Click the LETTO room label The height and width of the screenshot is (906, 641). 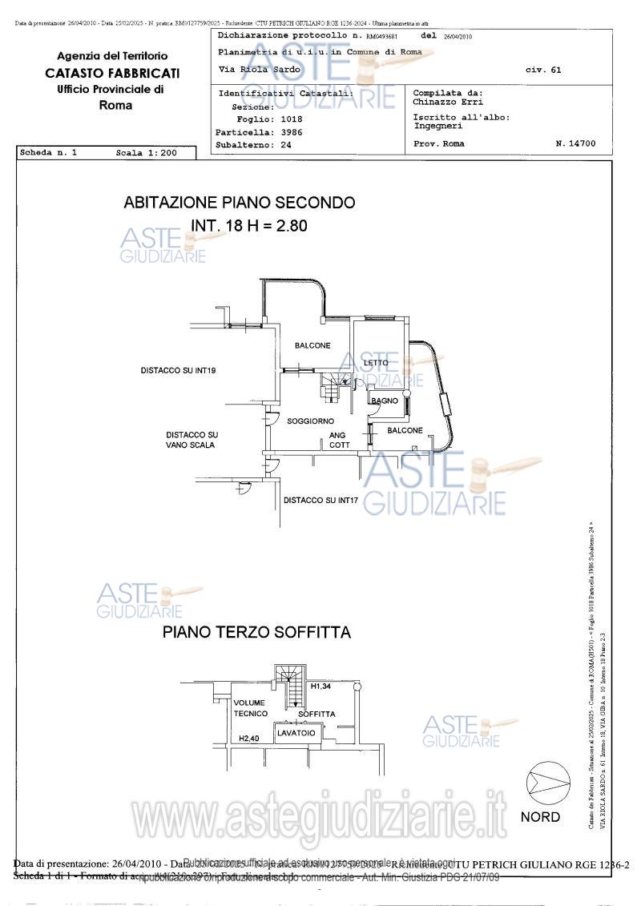(x=376, y=363)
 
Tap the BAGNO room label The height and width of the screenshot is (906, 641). (x=385, y=401)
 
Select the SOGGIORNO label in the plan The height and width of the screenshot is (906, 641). (x=311, y=421)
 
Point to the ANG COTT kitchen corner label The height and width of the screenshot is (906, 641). (x=339, y=441)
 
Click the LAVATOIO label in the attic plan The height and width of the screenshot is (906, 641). (x=296, y=733)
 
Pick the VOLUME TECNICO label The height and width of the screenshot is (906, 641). (x=250, y=708)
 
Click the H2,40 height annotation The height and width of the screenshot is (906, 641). (x=250, y=739)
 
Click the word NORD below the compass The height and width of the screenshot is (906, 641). (x=541, y=817)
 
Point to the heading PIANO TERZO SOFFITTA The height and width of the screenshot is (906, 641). (x=256, y=632)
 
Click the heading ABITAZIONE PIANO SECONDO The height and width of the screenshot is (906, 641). (x=240, y=203)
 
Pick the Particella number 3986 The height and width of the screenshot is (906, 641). (x=291, y=132)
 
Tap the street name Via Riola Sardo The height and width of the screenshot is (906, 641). (x=260, y=70)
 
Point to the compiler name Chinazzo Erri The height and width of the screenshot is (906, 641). (x=448, y=103)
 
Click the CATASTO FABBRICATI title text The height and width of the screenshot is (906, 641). (x=112, y=73)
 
